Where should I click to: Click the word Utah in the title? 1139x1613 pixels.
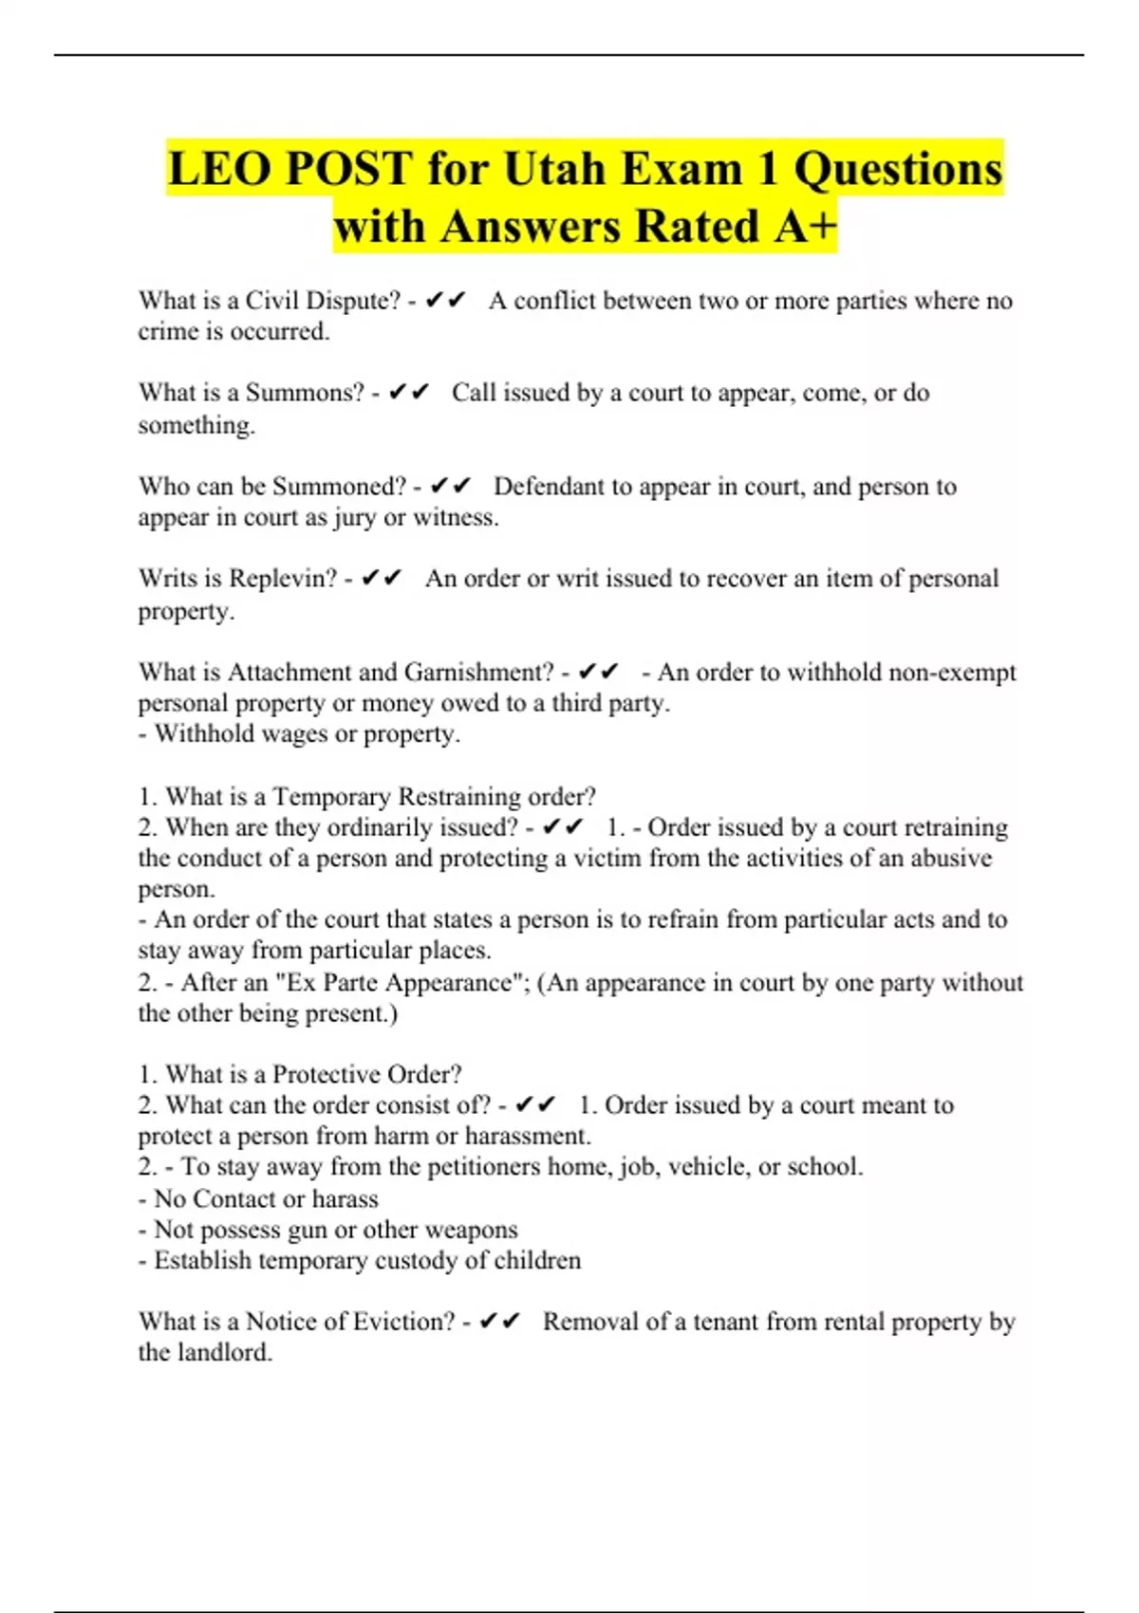[553, 169]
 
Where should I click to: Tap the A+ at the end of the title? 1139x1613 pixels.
[806, 227]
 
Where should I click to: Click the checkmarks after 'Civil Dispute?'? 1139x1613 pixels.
[445, 301]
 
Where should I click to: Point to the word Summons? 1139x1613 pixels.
[305, 393]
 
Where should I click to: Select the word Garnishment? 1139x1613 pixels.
[478, 672]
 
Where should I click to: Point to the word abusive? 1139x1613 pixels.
[951, 858]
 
